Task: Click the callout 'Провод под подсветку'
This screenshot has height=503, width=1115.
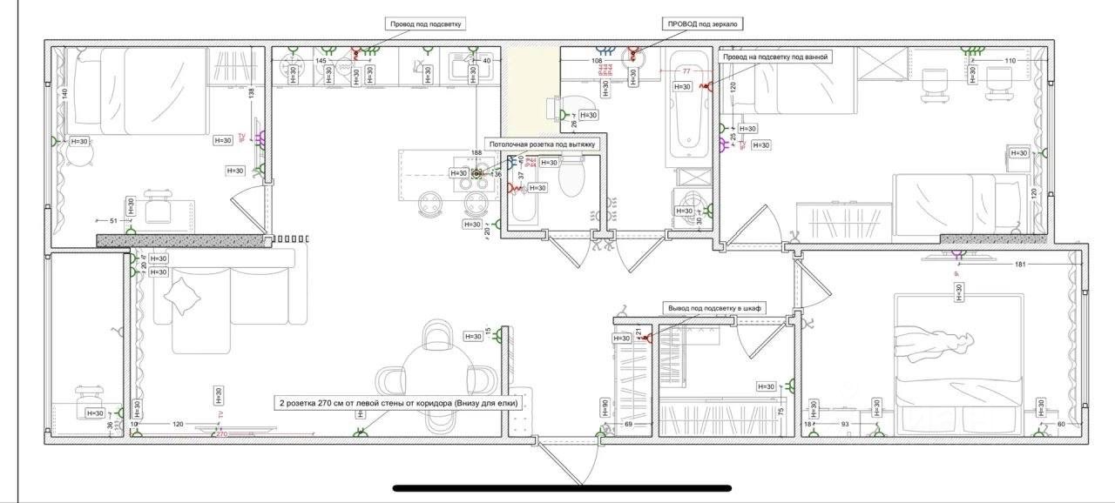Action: (x=426, y=25)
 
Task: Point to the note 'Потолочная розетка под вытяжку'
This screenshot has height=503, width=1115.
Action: (x=542, y=144)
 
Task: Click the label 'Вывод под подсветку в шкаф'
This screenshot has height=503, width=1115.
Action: (x=714, y=308)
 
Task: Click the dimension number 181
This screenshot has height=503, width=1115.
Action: (x=1021, y=264)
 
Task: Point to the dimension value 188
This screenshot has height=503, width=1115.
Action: (x=476, y=152)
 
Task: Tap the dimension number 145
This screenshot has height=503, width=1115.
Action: (x=321, y=61)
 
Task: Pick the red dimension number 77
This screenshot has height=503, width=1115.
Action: (x=686, y=70)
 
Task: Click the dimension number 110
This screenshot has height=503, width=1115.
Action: (x=1010, y=60)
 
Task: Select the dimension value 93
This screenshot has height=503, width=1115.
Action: (x=844, y=424)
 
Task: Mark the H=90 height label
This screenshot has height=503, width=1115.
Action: (x=605, y=408)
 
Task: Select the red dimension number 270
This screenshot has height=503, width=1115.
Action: (x=221, y=433)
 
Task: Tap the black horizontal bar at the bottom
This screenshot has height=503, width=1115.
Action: (x=562, y=488)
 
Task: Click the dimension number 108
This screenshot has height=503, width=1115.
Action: (x=598, y=61)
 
